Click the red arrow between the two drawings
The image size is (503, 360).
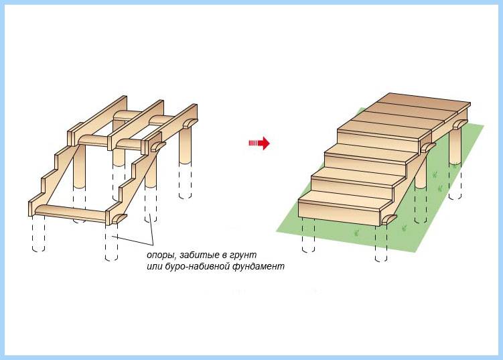259,143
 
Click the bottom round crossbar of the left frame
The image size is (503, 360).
70,213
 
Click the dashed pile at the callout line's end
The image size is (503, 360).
112,243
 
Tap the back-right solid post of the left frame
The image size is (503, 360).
185,146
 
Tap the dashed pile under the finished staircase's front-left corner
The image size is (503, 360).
309,235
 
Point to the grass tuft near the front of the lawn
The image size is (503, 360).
356,233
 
